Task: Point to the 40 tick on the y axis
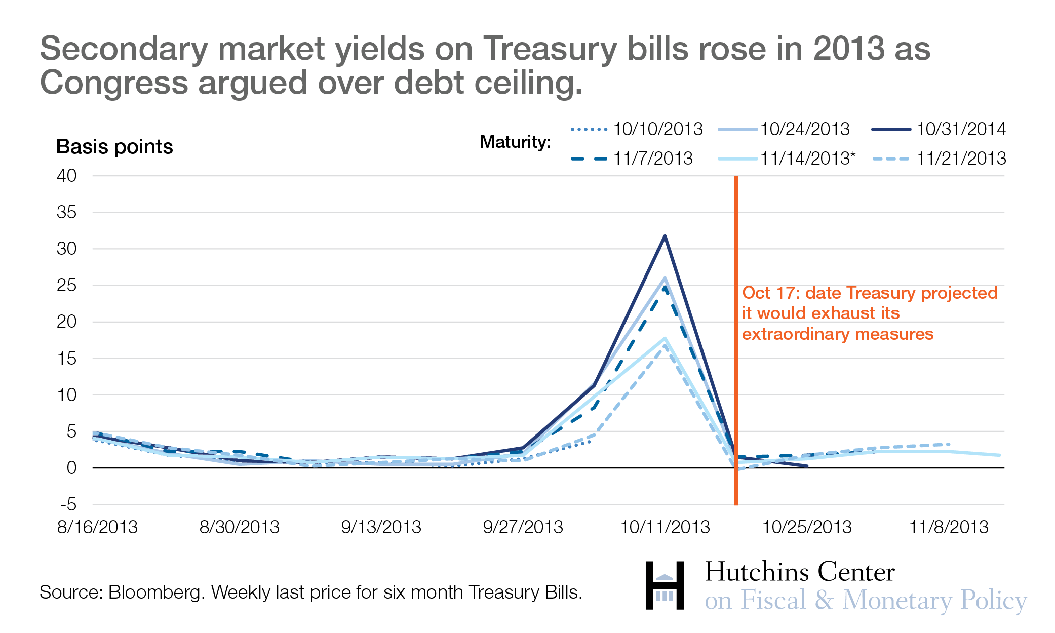pyautogui.click(x=66, y=176)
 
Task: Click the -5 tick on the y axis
pyautogui.click(x=68, y=504)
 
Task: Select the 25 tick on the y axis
pyautogui.click(x=66, y=286)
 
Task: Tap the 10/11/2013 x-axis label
pyautogui.click(x=665, y=527)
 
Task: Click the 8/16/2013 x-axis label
pyautogui.click(x=97, y=527)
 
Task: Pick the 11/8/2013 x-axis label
pyautogui.click(x=948, y=527)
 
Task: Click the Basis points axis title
pyautogui.click(x=114, y=147)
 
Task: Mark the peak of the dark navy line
pyautogui.click(x=665, y=236)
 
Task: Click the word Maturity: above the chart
pyautogui.click(x=515, y=142)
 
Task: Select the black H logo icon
pyautogui.click(x=665, y=585)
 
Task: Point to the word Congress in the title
pyautogui.click(x=114, y=83)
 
